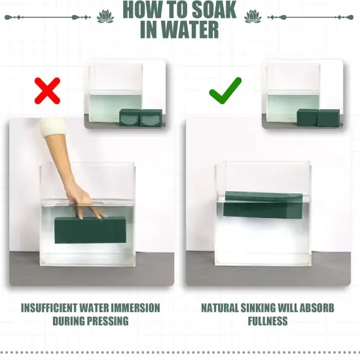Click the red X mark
click(x=47, y=91)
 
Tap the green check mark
click(x=225, y=90)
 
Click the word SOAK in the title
click(x=214, y=10)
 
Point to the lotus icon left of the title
click(x=105, y=17)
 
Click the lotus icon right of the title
click(x=253, y=17)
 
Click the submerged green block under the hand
click(x=90, y=230)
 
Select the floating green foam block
click(x=263, y=205)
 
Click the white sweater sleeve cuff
click(x=52, y=127)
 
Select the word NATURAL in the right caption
click(x=220, y=308)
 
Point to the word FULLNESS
click(x=268, y=321)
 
